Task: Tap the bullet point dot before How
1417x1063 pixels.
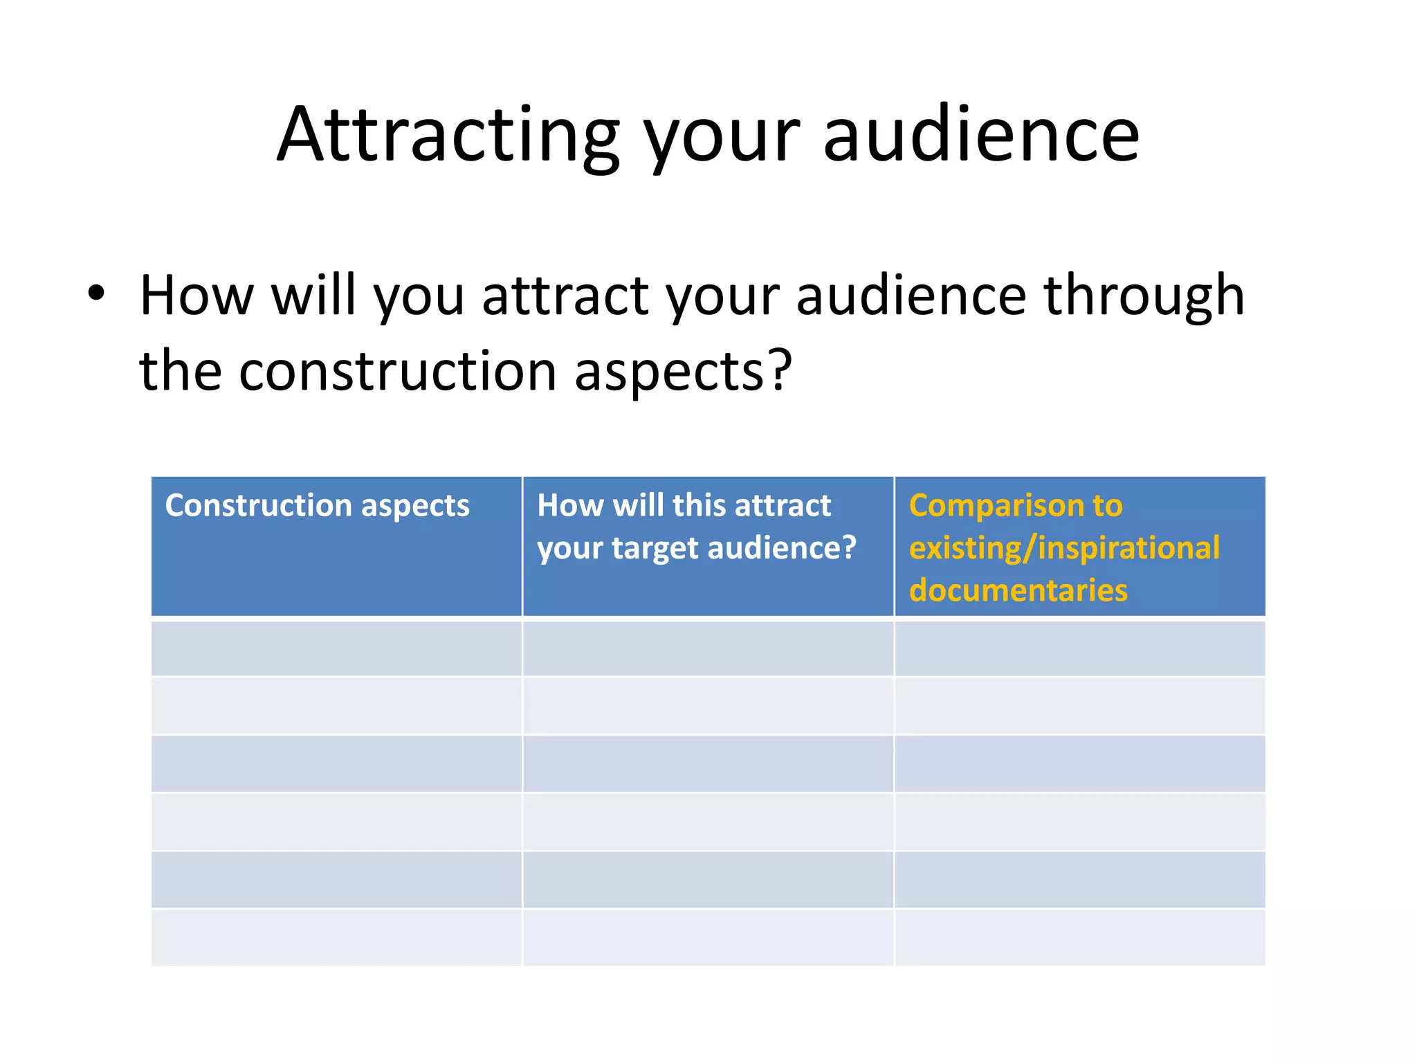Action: coord(96,293)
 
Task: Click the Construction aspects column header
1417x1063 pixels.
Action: coord(317,505)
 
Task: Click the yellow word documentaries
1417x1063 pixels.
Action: coord(1018,590)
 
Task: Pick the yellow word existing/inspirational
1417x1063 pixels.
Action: coord(1064,548)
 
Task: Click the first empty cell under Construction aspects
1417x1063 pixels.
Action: coord(336,648)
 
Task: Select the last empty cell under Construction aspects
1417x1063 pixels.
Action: coord(336,938)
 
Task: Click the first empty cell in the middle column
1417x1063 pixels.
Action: coord(708,648)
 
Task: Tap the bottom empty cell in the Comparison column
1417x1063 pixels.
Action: coord(1079,938)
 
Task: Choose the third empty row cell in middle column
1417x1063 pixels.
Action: coord(708,764)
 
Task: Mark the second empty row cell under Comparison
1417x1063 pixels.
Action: coord(1079,706)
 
